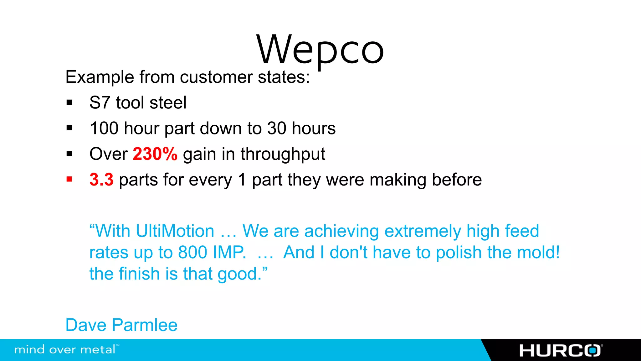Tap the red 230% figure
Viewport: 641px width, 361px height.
(x=155, y=154)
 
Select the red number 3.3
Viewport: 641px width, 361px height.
(x=101, y=180)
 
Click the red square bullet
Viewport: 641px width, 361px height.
(x=69, y=180)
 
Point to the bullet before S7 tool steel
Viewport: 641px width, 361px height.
(x=69, y=102)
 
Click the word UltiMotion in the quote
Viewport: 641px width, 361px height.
(x=175, y=231)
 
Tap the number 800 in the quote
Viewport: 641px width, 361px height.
(x=192, y=253)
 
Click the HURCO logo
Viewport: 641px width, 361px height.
(x=560, y=350)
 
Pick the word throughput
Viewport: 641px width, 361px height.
(x=283, y=154)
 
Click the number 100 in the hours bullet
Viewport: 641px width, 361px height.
(x=104, y=128)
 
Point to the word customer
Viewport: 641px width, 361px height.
(x=216, y=77)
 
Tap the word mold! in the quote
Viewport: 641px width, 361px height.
(x=538, y=253)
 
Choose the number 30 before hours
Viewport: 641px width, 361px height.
(x=277, y=128)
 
